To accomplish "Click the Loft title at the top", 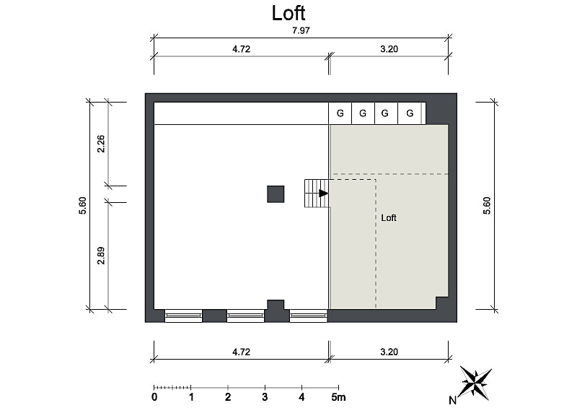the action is (288, 13).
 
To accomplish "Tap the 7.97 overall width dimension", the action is (301, 30).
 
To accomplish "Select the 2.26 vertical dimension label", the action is (101, 144).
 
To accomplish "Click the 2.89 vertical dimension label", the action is (101, 256).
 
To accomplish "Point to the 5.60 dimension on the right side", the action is (487, 206).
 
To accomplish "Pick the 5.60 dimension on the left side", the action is (82, 206).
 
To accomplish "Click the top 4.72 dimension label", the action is (242, 49).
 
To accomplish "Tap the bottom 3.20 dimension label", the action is (389, 352).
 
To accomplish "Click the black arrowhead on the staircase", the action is (323, 193).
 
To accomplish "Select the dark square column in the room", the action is (276, 194).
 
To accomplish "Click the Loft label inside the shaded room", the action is (389, 218).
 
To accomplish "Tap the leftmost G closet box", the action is (340, 113).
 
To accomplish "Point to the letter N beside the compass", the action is (453, 400).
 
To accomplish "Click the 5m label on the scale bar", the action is (338, 397).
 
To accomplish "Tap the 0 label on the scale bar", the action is (154, 397).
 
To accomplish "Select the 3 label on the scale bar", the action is (265, 397).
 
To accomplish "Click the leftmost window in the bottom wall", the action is (183, 316).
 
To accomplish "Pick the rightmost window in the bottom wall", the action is (309, 316).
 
